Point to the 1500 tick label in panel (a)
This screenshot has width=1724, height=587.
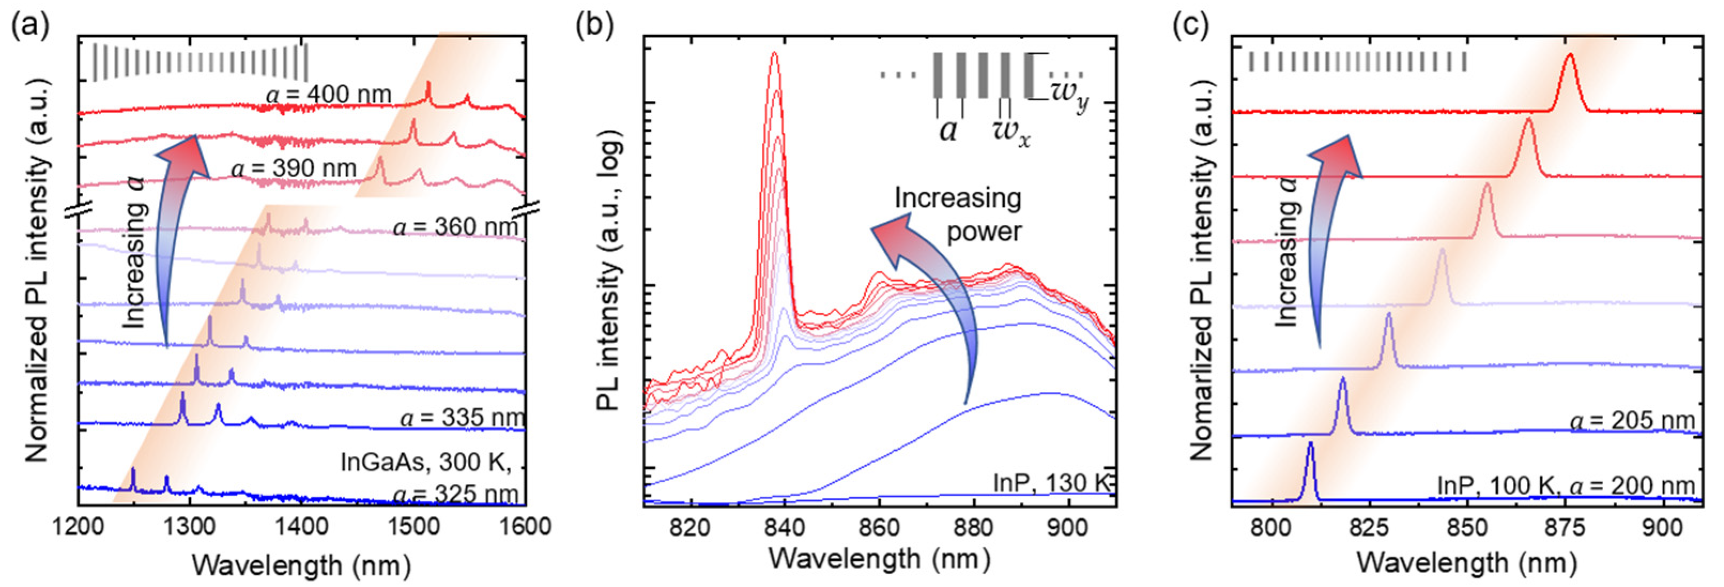click(x=413, y=527)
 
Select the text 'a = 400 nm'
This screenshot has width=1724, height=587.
click(x=328, y=95)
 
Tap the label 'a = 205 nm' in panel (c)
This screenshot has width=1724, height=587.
click(x=1631, y=420)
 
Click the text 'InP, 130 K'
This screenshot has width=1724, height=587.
click(x=1051, y=483)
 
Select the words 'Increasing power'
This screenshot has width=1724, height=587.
click(x=958, y=214)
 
